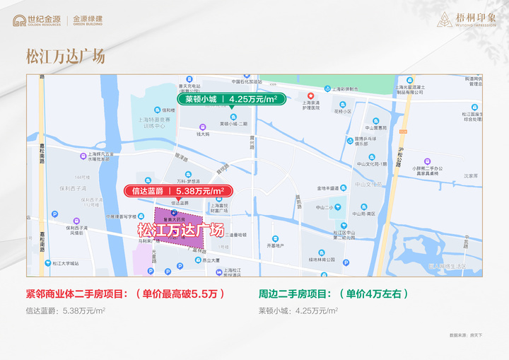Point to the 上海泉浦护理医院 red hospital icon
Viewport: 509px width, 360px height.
pyautogui.click(x=310, y=96)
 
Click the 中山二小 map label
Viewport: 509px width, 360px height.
pyautogui.click(x=324, y=207)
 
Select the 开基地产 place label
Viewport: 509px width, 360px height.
pyautogui.click(x=275, y=245)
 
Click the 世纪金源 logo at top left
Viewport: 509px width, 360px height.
pyautogui.click(x=35, y=20)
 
